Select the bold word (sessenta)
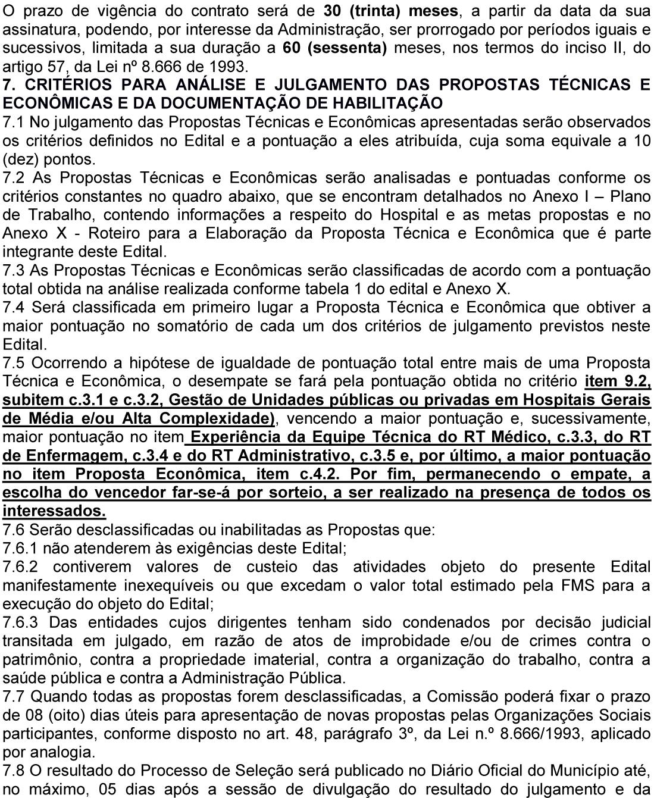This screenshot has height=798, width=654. (x=348, y=48)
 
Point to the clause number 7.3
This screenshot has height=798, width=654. (x=14, y=270)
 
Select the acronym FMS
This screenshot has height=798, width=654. (x=574, y=585)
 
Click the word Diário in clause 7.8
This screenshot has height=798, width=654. (x=444, y=771)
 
